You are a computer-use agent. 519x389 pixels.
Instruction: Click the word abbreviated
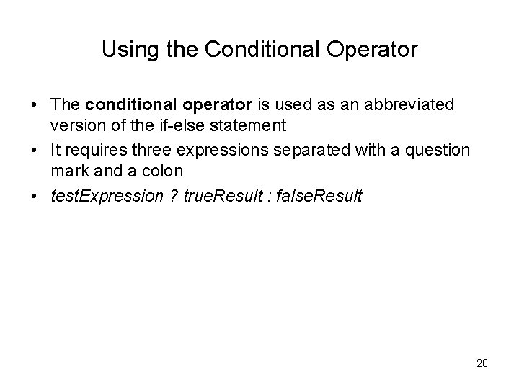coord(410,105)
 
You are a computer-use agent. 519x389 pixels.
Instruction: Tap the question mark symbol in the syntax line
coord(174,197)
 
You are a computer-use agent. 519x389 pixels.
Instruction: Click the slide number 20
coord(482,363)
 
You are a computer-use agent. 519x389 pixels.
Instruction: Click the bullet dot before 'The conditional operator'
coord(34,106)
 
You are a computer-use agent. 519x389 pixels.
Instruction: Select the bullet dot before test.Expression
coord(34,197)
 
